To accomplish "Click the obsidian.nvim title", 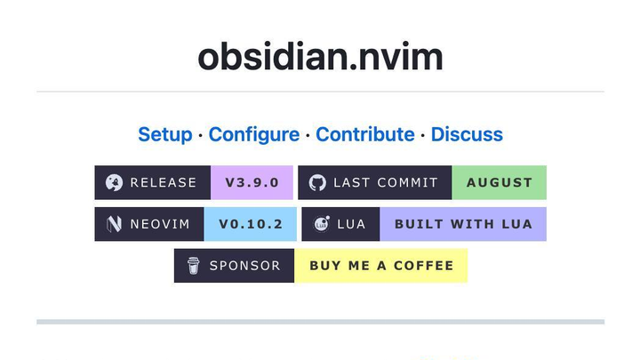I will pos(320,56).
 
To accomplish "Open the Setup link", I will pos(164,134).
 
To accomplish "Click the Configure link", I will pos(253,134).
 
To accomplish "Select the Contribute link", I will pos(364,134).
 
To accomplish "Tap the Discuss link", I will pos(467,134).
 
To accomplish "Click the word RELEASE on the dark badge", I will pos(164,182).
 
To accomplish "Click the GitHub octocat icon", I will pos(317,182).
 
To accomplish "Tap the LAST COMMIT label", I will pos(385,182).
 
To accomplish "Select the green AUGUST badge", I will pos(499,182).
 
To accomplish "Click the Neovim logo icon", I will pos(114,224).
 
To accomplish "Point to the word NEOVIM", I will pos(160,224).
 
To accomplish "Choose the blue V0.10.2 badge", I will pos(250,224).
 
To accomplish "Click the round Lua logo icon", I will pos(322,224).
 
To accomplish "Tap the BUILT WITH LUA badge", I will pos(462,224).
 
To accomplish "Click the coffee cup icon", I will pos(193,266).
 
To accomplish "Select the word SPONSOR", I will pos(244,266).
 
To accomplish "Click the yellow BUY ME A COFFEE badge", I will pos(380,266).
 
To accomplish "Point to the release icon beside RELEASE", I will pos(114,182).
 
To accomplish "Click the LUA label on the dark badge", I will pos(351,224).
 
